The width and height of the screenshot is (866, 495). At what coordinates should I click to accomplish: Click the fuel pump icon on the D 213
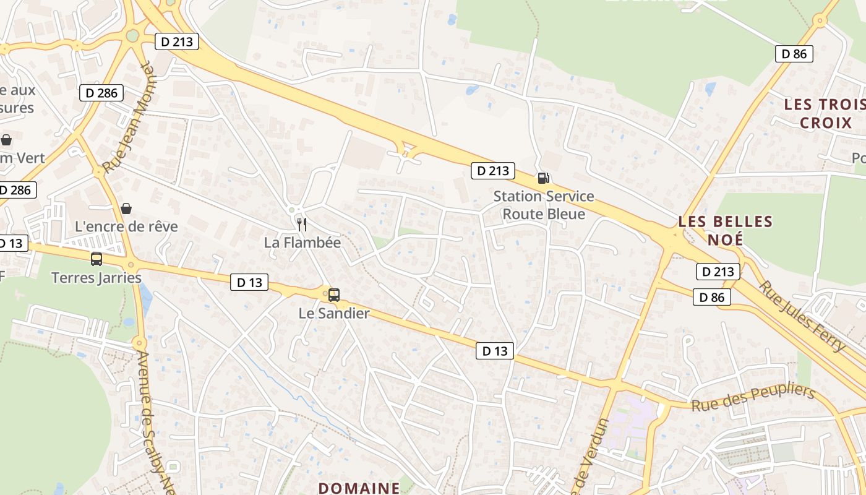coord(544,178)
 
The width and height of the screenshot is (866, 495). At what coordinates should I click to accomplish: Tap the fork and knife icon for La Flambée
coord(302,224)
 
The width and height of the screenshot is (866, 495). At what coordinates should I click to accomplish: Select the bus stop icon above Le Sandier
coord(334,295)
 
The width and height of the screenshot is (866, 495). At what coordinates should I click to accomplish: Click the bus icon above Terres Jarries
coord(96,259)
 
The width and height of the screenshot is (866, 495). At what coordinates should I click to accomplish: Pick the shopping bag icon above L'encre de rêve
coord(126,209)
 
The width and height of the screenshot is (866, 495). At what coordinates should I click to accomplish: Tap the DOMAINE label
coord(359,488)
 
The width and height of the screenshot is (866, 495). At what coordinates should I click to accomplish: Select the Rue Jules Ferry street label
coord(802,316)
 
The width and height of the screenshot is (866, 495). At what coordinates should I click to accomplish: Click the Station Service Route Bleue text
coord(544,205)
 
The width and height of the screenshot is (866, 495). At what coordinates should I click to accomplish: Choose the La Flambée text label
coord(302,243)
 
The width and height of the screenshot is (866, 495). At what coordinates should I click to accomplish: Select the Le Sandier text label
coord(334,313)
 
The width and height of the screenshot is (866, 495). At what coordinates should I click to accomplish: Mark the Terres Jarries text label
coord(96,277)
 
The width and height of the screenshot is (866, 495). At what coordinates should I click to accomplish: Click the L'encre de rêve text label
coord(126,226)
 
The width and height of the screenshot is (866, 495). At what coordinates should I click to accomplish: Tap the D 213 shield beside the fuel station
coord(493,170)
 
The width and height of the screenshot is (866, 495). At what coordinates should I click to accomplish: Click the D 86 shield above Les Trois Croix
coord(794,53)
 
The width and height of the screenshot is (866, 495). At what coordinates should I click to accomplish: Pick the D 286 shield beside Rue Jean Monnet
coord(101,93)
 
